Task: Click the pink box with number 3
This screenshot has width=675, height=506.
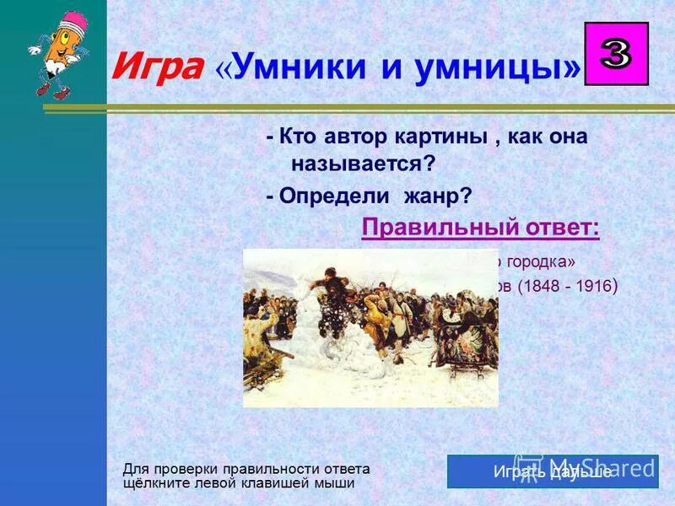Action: point(616,54)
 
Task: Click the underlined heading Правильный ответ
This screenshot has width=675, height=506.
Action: point(480,228)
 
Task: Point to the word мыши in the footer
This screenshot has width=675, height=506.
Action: point(334,483)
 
